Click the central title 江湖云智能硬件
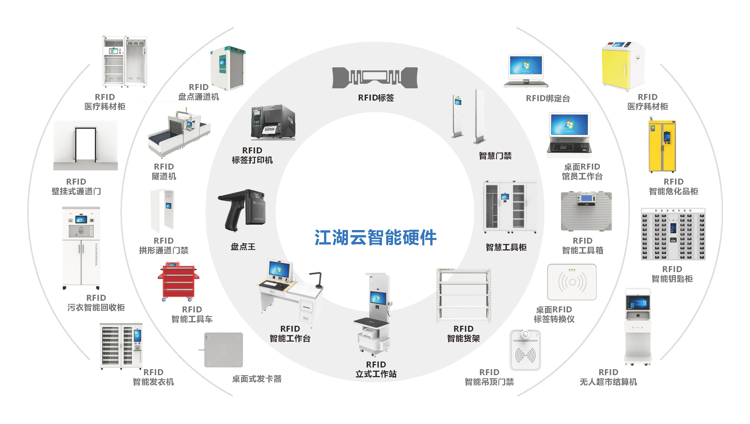(375, 237)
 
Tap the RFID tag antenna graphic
(375, 78)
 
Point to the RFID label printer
(273, 122)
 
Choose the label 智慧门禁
(495, 156)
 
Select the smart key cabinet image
(673, 234)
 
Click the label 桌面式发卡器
(257, 379)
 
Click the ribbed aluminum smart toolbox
(586, 211)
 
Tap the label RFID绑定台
(548, 99)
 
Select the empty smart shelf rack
(463, 295)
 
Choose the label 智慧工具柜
(506, 248)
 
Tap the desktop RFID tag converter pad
(572, 282)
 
